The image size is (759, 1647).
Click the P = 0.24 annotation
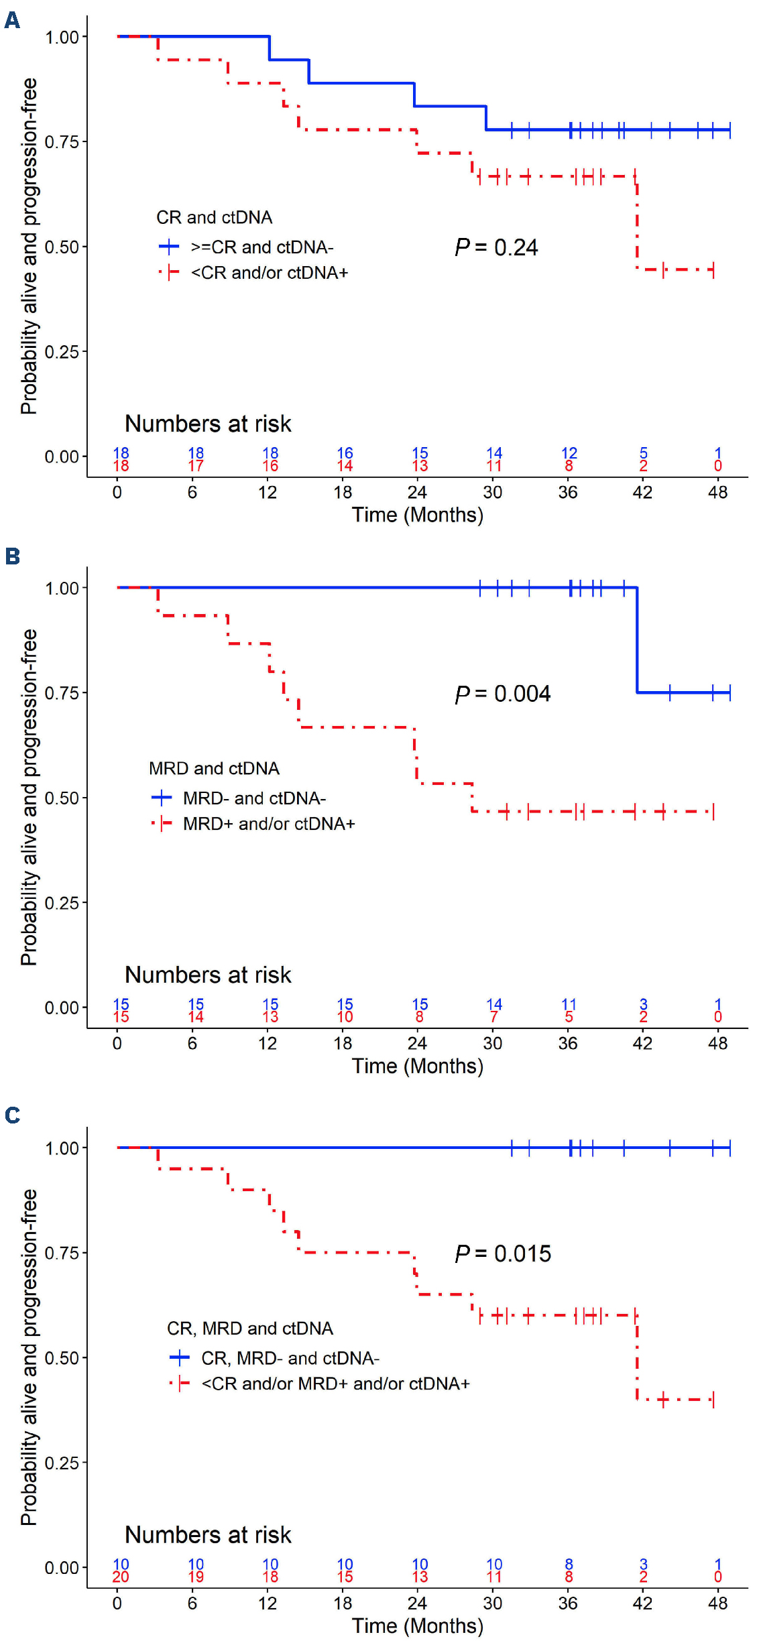(496, 247)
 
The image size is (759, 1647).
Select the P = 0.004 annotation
(502, 694)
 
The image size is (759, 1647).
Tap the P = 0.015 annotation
(502, 1254)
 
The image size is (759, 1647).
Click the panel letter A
(12, 21)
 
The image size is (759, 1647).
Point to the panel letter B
(12, 556)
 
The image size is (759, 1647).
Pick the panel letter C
(12, 1115)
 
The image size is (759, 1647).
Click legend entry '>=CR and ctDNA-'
(261, 247)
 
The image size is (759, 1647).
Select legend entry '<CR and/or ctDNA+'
(269, 273)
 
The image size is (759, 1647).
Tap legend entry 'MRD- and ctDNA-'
(254, 798)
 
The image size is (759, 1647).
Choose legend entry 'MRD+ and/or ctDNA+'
(268, 824)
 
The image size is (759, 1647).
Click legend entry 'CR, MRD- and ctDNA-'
(290, 1358)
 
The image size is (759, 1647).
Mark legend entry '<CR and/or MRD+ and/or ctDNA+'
(335, 1384)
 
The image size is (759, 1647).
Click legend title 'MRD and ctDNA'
(214, 768)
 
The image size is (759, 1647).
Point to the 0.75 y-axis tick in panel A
(62, 141)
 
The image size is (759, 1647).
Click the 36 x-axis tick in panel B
(568, 1043)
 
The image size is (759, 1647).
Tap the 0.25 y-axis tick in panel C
(62, 1463)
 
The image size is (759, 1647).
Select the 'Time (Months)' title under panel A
(417, 515)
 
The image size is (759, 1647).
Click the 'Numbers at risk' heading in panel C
(208, 1535)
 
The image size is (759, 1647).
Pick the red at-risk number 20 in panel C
(121, 1577)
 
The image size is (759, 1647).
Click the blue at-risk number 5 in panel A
(643, 453)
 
